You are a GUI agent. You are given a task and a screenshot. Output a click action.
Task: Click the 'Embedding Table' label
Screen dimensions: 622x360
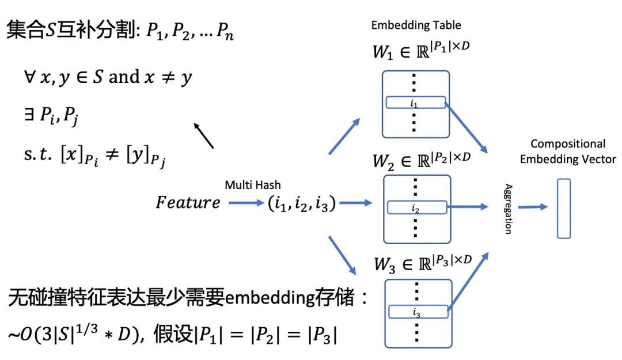coord(416,25)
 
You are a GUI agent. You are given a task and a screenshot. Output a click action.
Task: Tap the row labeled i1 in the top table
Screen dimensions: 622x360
coord(416,103)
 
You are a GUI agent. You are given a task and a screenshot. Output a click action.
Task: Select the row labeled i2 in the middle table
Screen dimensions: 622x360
coord(417,207)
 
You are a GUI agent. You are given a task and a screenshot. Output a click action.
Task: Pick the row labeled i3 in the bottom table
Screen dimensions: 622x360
coord(418,312)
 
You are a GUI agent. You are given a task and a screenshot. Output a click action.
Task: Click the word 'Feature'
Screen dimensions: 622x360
coord(188,202)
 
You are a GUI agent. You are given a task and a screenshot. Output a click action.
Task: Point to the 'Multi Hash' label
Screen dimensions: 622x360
coord(253,185)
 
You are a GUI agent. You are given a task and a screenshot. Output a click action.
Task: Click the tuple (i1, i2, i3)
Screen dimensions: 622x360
coord(302,204)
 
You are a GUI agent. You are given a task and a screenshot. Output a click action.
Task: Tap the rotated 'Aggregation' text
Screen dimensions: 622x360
coord(508,209)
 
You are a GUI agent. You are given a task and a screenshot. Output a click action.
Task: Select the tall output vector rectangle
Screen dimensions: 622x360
coord(564,209)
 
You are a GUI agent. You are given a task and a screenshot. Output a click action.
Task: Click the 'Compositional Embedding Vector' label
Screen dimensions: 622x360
coord(568,151)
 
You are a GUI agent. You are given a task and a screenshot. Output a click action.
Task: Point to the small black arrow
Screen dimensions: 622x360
coord(204,136)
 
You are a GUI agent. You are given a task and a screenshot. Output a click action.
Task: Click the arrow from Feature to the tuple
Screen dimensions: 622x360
coord(246,203)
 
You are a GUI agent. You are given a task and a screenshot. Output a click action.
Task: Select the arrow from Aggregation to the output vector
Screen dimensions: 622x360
coord(533,207)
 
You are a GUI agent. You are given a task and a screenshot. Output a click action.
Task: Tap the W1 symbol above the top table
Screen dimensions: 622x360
coord(382,52)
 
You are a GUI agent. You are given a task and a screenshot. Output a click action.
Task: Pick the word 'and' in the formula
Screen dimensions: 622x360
coord(124,77)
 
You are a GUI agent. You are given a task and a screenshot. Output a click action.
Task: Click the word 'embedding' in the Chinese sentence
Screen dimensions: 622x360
coord(270,298)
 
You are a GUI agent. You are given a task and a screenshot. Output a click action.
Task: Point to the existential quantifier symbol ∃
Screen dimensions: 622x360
coord(29,114)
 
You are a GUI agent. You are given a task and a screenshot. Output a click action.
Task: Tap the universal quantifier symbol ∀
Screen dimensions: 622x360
coord(29,77)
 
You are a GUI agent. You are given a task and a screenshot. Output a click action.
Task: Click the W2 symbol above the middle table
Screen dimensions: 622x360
coord(383,162)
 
